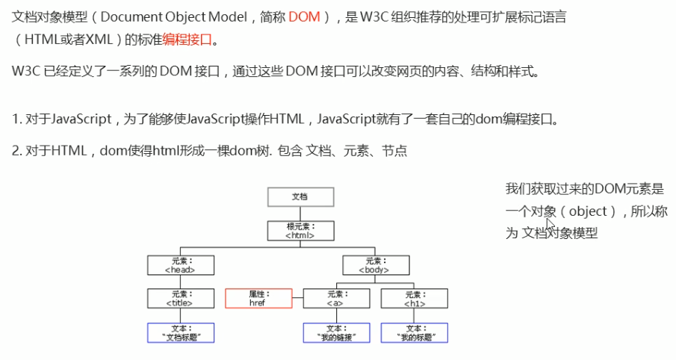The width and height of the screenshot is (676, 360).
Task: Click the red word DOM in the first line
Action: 303,17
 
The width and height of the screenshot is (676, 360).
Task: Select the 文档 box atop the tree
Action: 300,196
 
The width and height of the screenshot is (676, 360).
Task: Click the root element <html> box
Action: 300,230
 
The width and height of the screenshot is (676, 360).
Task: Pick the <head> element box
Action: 181,265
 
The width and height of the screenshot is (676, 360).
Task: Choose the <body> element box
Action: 376,265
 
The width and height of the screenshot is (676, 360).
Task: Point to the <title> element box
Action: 181,299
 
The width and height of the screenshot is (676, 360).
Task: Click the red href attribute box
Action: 258,299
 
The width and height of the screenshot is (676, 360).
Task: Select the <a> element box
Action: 336,299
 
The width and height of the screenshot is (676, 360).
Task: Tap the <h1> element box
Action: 415,299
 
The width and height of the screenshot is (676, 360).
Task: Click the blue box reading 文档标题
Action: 181,333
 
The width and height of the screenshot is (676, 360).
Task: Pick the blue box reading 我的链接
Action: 336,333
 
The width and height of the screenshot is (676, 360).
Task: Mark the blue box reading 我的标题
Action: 415,333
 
